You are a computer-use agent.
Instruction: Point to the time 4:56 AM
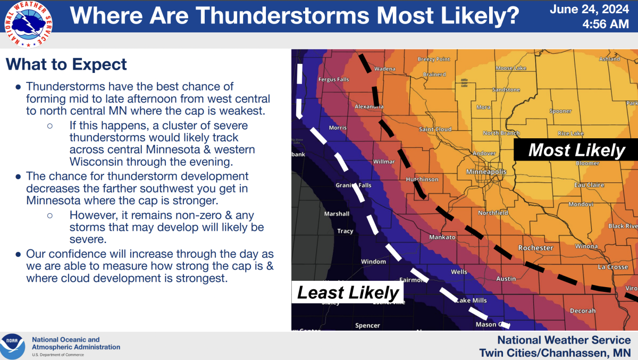pos(605,24)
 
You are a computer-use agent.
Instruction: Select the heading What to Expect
pos(66,65)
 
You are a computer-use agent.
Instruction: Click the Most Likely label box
pos(576,150)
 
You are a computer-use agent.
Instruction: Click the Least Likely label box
pos(348,292)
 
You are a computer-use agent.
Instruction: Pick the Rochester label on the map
pos(536,248)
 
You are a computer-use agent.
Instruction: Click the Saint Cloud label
pos(435,129)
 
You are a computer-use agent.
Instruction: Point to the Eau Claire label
pos(589,185)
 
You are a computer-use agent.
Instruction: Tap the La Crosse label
pos(612,267)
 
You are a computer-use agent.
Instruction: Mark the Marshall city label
pos(337,214)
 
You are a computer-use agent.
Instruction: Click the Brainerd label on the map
pos(434,74)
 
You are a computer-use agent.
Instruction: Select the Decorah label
pos(582,311)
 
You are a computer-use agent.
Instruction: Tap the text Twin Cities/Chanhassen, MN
pos(555,353)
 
